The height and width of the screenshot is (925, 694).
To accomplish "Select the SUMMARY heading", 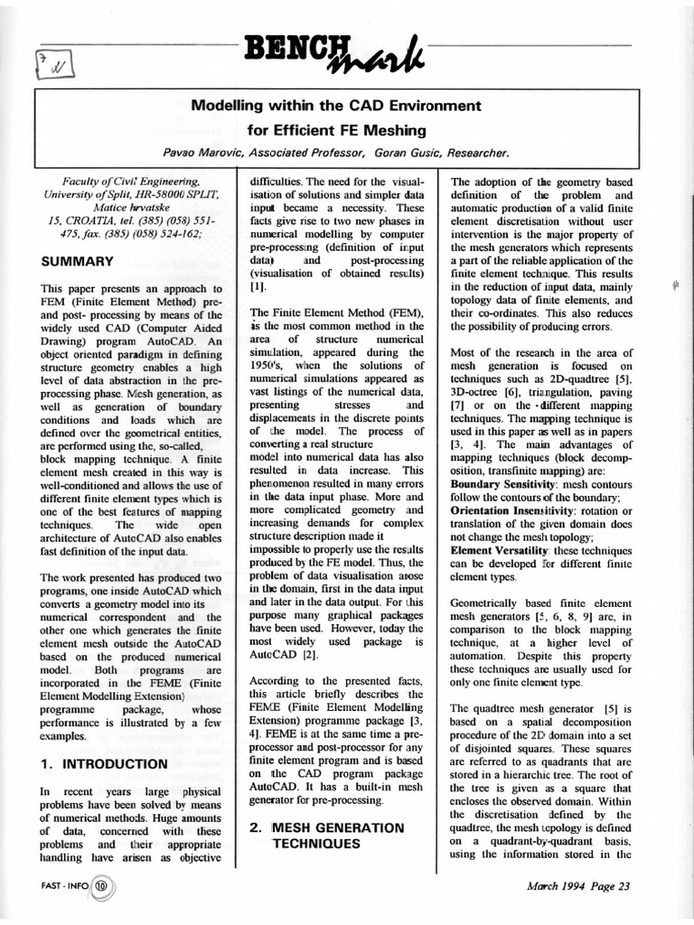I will point(78,262).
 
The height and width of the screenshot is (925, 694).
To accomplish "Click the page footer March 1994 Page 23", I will point(577,885).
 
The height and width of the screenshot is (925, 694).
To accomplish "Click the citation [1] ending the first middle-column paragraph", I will point(258,285).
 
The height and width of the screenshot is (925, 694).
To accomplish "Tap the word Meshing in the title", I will point(413,129).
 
